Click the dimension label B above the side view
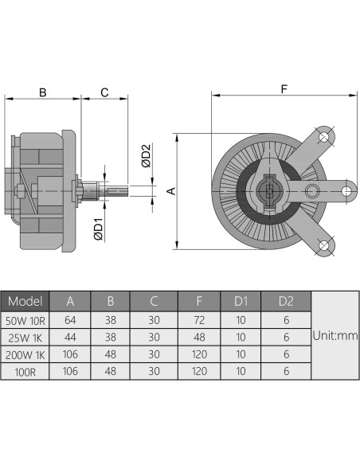tap(42, 92)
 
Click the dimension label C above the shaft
tap(104, 92)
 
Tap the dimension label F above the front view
tap(284, 88)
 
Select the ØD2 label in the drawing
tap(145, 155)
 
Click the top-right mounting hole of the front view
tap(325, 139)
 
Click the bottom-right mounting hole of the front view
tap(325, 247)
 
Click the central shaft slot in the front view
tap(270, 191)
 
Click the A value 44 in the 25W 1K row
tap(70, 337)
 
